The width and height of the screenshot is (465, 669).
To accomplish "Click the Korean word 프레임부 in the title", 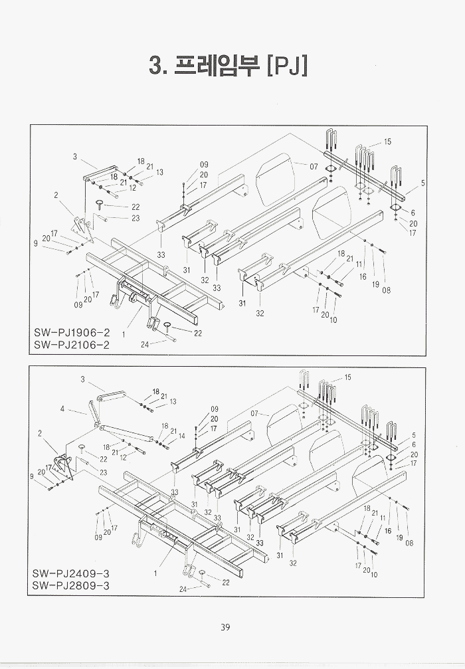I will [214, 66].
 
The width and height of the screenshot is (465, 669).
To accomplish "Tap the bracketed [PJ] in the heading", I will [286, 66].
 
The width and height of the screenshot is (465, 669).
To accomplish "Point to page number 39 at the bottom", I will [225, 627].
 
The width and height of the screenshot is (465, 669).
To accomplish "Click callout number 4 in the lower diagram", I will [62, 409].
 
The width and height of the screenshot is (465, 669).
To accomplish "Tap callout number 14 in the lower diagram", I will [182, 436].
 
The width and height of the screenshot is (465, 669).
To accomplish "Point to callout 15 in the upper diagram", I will [387, 142].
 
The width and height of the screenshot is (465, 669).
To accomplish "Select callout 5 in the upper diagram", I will [422, 183].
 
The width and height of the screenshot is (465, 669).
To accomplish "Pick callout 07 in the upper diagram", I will [314, 166].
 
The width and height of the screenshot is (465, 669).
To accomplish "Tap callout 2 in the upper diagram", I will [56, 195].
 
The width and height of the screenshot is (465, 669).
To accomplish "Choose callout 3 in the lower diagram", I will [82, 379].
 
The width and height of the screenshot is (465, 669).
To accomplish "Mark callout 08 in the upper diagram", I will [387, 290].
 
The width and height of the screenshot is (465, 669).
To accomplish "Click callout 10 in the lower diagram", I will [374, 575].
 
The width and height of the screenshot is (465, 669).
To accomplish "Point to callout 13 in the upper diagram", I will [159, 172].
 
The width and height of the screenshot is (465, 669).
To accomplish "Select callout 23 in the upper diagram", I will [136, 218].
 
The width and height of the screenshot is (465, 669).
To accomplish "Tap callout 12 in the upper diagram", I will [132, 188].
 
